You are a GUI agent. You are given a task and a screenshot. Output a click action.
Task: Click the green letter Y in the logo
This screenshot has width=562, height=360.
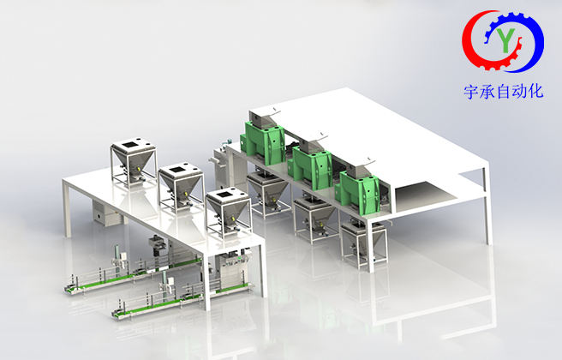tap(505, 39)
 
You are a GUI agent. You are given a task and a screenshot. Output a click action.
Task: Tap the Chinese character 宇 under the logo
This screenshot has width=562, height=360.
tap(472, 92)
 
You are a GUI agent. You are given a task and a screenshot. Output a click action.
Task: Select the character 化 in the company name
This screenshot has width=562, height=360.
tap(535, 91)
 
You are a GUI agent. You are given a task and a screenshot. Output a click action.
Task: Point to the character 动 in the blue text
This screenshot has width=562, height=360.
tap(519, 92)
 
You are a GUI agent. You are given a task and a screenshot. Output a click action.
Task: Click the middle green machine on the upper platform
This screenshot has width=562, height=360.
tap(310, 165)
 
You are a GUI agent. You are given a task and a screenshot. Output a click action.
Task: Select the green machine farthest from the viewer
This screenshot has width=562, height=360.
tap(264, 141)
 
